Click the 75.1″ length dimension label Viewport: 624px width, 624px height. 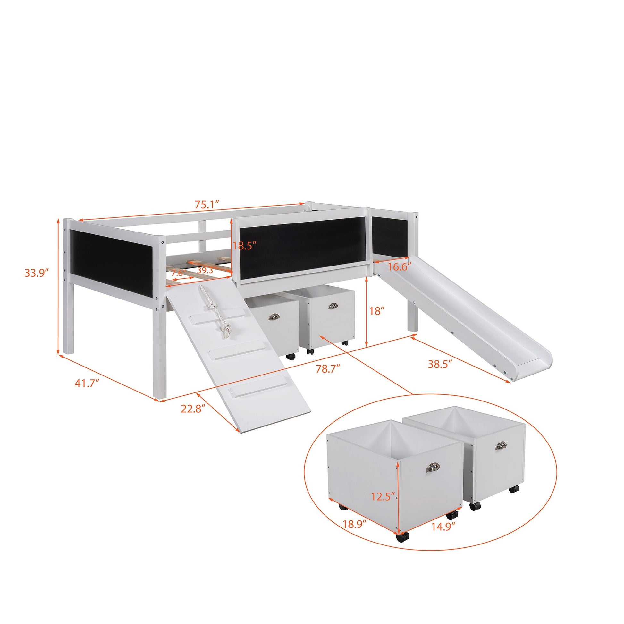click(x=207, y=205)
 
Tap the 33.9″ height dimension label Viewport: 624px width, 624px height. click(x=37, y=273)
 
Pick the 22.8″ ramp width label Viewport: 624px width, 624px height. click(x=193, y=409)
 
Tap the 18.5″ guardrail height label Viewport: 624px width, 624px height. click(x=244, y=246)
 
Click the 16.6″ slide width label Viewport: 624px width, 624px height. click(x=400, y=267)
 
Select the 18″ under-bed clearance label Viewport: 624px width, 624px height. click(x=376, y=311)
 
